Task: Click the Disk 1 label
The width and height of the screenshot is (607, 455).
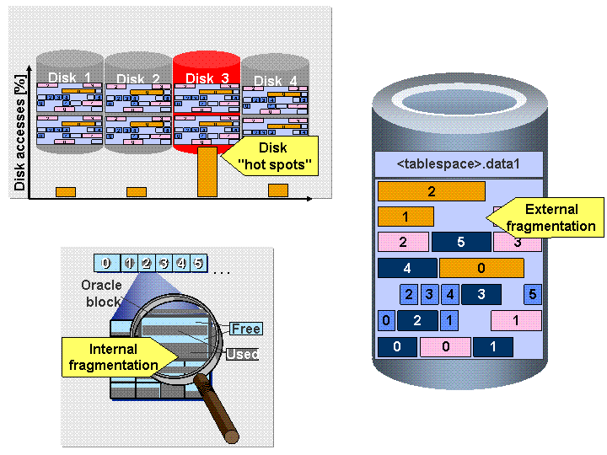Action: tap(69, 78)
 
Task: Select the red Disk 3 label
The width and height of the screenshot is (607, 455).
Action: tap(207, 78)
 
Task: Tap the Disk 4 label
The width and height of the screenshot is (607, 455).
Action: tap(275, 81)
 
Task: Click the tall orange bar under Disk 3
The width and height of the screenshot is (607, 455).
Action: tap(207, 172)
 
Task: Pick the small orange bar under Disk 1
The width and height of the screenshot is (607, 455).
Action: tap(66, 192)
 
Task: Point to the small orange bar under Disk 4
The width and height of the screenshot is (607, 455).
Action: tap(278, 190)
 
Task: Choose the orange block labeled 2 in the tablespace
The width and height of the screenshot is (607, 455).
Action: tap(431, 191)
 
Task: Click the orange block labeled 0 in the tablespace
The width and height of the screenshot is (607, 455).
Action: tap(481, 269)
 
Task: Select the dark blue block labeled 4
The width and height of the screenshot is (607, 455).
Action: tap(406, 269)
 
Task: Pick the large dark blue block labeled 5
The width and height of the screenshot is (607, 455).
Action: tap(460, 243)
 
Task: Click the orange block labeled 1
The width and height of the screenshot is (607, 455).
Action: tap(405, 217)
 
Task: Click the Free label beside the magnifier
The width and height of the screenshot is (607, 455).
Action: tap(246, 329)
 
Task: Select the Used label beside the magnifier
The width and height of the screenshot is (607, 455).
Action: tap(242, 355)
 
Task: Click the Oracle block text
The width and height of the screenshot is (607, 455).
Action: tap(101, 292)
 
